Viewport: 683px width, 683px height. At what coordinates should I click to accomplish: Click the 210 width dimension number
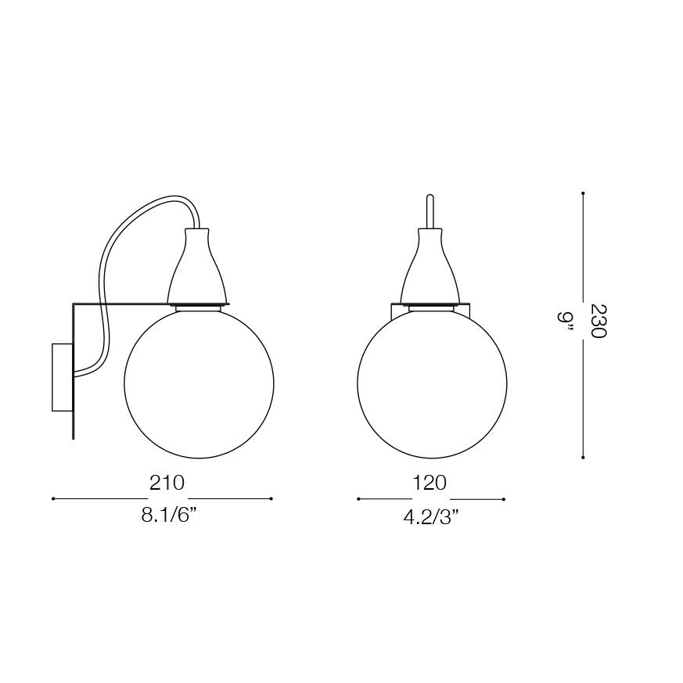(x=167, y=483)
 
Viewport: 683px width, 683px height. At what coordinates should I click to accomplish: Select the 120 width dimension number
(x=430, y=483)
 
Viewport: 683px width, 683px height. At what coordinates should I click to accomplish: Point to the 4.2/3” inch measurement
(x=432, y=517)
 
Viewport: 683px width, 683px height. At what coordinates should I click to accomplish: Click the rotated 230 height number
(x=599, y=321)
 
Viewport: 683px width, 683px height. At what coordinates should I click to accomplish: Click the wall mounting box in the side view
(x=62, y=377)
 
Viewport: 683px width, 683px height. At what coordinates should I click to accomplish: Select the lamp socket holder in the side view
(x=197, y=265)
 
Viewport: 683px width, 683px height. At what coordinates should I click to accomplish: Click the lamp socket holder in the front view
(x=430, y=265)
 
